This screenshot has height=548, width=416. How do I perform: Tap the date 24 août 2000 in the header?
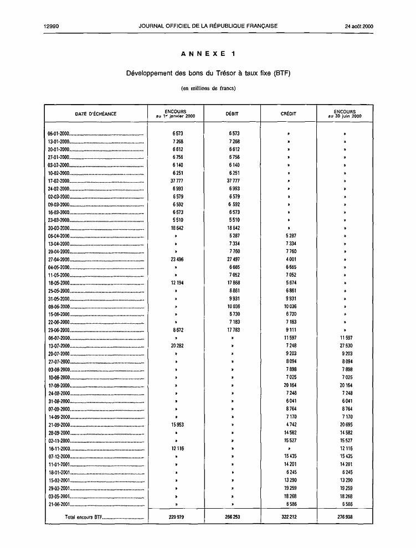coord(359,26)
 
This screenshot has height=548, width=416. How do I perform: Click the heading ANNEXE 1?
coord(208,54)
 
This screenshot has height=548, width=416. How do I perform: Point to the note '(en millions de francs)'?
coord(208,88)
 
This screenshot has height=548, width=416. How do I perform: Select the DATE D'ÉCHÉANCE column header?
coord(96,114)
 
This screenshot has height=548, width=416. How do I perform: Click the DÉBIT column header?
coord(232,114)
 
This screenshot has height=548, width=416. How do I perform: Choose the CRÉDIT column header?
coord(289,114)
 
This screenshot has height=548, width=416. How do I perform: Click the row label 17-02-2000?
coord(58,181)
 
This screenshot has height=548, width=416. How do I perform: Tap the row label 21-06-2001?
coord(58,504)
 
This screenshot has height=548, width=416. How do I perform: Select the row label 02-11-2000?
coord(58,441)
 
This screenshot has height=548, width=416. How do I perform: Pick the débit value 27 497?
coord(233,260)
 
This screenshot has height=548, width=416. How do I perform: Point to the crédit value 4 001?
coord(290,260)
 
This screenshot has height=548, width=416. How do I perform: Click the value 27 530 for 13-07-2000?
coord(345,347)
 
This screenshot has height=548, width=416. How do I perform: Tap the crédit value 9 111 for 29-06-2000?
coord(290,330)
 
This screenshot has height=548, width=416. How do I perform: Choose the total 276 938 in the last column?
coord(344,517)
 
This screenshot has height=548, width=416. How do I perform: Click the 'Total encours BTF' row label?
coord(83,517)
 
